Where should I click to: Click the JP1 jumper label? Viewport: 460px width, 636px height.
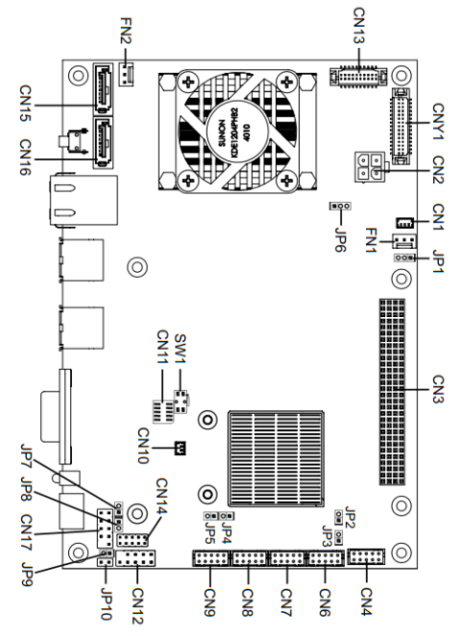point(439,261)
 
